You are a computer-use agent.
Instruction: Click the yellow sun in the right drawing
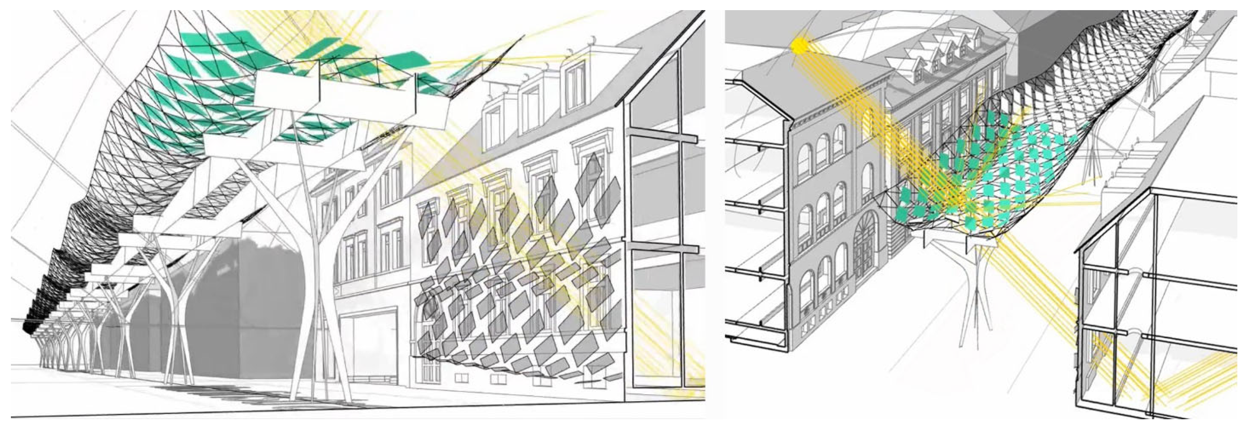pos(799,46)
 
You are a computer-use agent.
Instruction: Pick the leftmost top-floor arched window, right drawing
pos(803,162)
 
